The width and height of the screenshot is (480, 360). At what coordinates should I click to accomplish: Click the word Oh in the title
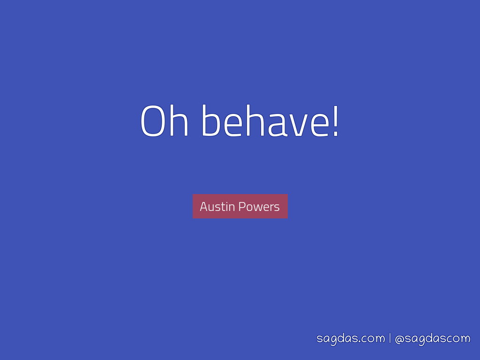click(x=164, y=120)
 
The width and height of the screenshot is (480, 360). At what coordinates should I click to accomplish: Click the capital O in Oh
click(x=152, y=121)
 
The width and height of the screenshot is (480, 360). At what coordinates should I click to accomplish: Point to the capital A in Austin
click(x=204, y=207)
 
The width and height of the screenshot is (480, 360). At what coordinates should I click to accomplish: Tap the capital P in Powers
click(x=242, y=207)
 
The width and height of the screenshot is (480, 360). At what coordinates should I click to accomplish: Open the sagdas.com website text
click(x=351, y=338)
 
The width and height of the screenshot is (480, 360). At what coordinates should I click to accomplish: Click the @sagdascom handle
click(x=433, y=338)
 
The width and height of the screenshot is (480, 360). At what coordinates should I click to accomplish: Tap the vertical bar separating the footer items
click(x=390, y=338)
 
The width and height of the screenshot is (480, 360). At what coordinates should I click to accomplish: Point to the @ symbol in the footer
click(x=400, y=339)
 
